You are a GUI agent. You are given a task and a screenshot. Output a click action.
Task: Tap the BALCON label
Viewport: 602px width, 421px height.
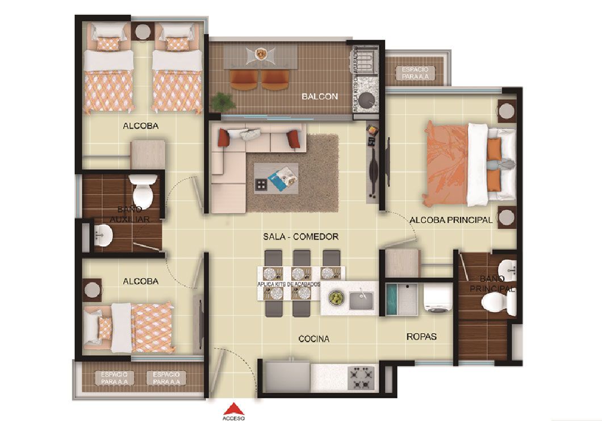(x=320, y=96)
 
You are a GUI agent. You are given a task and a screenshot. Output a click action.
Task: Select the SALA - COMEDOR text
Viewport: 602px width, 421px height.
(x=301, y=237)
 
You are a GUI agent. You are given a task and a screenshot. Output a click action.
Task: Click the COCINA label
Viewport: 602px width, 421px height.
(x=314, y=339)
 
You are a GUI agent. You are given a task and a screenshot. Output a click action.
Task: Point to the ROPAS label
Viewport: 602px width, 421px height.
(x=421, y=336)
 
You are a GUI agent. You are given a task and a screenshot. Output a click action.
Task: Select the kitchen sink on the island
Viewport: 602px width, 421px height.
(x=361, y=300)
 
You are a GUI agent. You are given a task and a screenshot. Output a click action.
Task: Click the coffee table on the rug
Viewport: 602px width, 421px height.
(x=276, y=178)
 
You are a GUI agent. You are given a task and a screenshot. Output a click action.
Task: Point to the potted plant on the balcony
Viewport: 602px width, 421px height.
(x=223, y=102)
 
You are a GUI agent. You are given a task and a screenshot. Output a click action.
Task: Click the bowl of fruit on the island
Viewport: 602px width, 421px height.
(x=336, y=297)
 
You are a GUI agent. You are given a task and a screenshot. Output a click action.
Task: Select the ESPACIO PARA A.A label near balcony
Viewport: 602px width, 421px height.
(x=415, y=72)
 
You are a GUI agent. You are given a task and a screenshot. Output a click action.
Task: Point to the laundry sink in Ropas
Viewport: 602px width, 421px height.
(x=402, y=299)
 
